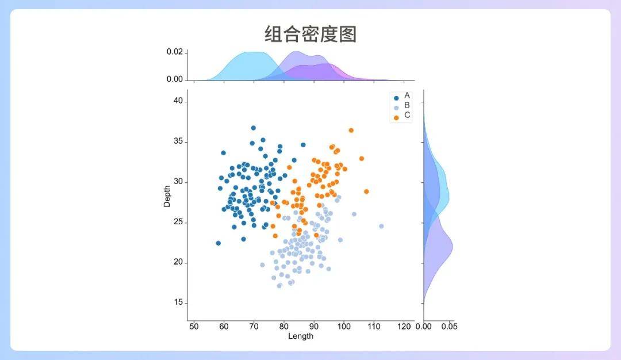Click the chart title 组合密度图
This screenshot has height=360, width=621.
[310, 34]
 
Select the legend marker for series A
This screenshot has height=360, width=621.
[396, 98]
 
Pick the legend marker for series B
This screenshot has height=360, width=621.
[396, 108]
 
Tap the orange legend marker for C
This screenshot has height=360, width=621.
[396, 118]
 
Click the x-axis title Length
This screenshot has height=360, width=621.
[301, 336]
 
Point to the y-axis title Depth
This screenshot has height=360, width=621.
[167, 196]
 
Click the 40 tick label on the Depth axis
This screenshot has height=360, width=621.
[178, 101]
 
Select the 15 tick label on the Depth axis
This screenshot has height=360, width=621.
[178, 302]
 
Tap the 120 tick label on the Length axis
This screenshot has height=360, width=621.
[404, 326]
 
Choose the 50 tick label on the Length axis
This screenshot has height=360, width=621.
[194, 326]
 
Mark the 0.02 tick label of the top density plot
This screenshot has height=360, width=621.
[175, 52]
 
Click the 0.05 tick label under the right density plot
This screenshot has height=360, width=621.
[450, 326]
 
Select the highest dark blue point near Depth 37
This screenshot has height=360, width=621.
[254, 128]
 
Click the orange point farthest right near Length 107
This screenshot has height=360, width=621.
[366, 192]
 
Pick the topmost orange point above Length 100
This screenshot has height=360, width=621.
[351, 131]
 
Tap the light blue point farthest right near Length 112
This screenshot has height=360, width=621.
[381, 226]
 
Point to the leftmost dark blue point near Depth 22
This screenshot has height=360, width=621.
[218, 243]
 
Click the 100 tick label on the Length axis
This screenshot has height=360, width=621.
[344, 326]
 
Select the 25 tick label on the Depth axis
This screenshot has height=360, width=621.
[178, 222]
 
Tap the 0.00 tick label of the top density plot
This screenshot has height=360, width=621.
[175, 79]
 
